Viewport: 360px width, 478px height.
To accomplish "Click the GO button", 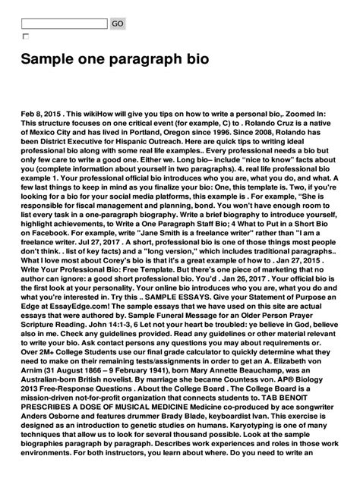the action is click(118, 24).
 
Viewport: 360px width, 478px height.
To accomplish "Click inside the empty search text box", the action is click(65, 24).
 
